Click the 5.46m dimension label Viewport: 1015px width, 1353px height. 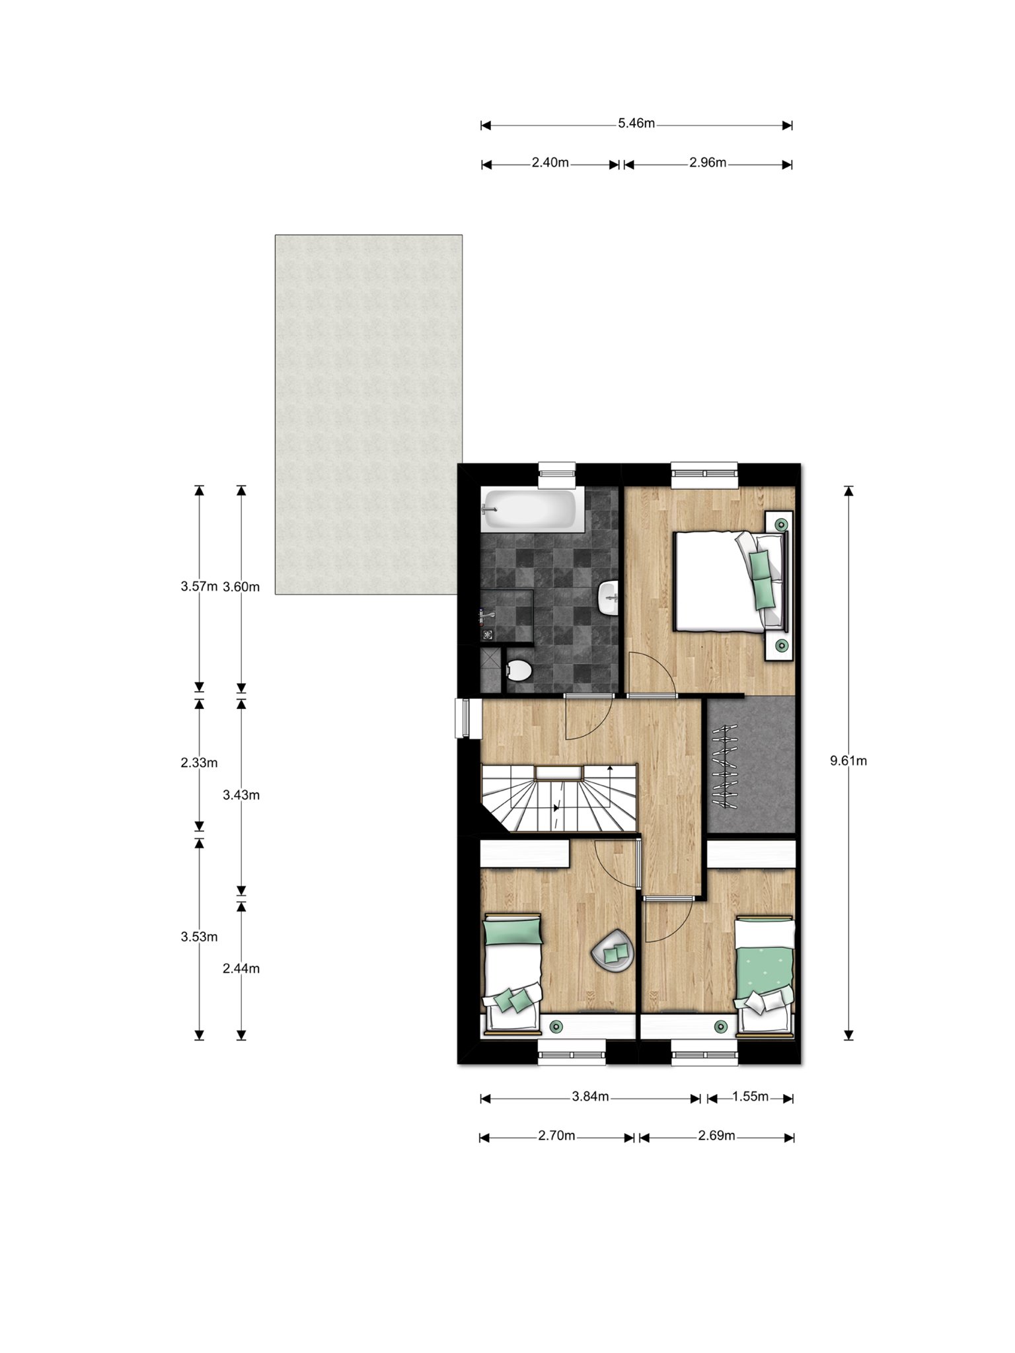[x=636, y=124]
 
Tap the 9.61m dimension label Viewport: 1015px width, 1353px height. [x=848, y=761]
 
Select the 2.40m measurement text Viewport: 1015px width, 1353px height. [x=550, y=163]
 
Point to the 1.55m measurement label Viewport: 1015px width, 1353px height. [x=750, y=1097]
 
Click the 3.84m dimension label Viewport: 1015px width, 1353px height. [x=590, y=1097]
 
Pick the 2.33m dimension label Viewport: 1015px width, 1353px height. [x=199, y=763]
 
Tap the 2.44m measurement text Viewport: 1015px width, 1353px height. [x=241, y=969]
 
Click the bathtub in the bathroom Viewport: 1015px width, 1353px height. [x=533, y=510]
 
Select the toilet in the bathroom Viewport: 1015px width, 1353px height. [x=519, y=671]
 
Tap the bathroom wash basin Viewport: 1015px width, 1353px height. [x=609, y=598]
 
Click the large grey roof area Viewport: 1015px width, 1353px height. [x=369, y=414]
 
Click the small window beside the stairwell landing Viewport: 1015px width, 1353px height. [x=462, y=718]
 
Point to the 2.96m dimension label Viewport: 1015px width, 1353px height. [x=708, y=163]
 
